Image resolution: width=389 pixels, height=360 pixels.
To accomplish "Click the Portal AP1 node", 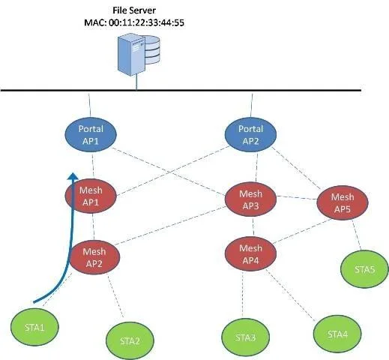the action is [91, 135].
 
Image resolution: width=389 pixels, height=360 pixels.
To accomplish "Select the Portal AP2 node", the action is [250, 135].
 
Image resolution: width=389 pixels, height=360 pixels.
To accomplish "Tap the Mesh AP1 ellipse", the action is [91, 196].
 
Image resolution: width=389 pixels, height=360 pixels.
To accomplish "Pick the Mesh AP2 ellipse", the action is [94, 257].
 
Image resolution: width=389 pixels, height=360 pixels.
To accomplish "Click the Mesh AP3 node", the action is [250, 199].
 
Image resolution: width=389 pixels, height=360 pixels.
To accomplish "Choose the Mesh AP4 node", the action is [250, 254].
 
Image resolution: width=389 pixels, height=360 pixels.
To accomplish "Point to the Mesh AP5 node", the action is [343, 202].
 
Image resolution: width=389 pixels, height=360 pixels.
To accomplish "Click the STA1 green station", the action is [34, 327].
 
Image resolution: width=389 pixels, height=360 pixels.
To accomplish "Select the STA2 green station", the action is [130, 340].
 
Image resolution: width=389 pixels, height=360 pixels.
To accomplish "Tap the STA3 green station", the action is [245, 337].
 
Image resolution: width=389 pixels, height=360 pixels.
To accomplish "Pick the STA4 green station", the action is [337, 334].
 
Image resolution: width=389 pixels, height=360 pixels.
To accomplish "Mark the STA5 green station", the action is [364, 269].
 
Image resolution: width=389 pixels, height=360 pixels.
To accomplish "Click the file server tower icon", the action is [131, 55].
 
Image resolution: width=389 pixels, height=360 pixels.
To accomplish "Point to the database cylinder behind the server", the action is [152, 49].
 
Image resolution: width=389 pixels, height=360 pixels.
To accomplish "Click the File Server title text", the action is [134, 10].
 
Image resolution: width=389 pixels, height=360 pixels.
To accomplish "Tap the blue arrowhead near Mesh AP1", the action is [73, 176].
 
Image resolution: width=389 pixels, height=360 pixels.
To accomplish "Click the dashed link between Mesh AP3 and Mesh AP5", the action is [297, 198].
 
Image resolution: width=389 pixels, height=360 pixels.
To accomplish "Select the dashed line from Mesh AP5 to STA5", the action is [357, 235].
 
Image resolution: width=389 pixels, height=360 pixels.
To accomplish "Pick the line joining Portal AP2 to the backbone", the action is [252, 106].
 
